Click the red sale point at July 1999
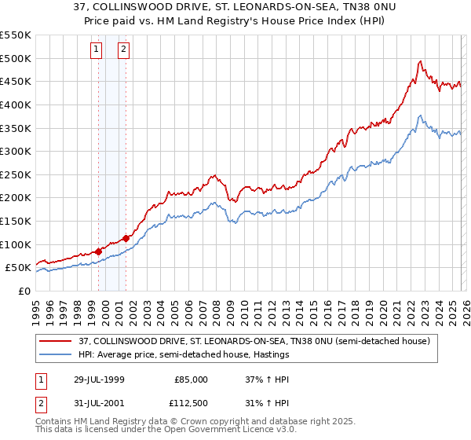point(98,251)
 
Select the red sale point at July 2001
point(126,238)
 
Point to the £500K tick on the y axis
point(15,58)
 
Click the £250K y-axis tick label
point(15,174)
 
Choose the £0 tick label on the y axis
point(24,291)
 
